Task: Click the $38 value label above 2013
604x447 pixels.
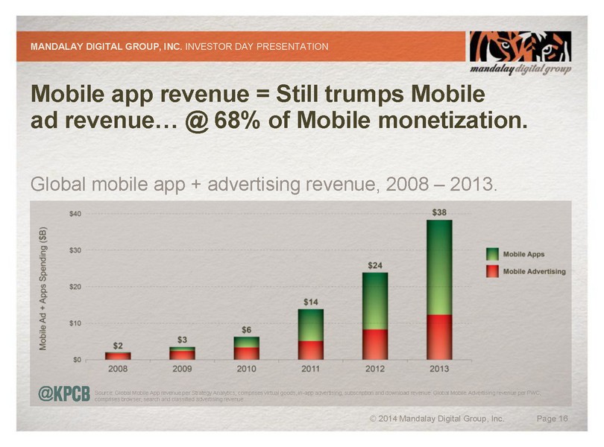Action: tap(440, 212)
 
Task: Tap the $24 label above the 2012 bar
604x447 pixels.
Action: tap(376, 264)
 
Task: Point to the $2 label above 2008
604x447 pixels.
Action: tap(118, 345)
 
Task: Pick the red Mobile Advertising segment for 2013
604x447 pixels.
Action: tap(439, 336)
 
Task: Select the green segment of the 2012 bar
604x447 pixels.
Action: tap(375, 300)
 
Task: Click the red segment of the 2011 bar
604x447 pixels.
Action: tap(311, 349)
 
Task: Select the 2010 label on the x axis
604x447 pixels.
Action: tap(246, 369)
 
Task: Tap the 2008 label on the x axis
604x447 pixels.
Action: tap(118, 369)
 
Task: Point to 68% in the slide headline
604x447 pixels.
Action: tap(239, 121)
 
